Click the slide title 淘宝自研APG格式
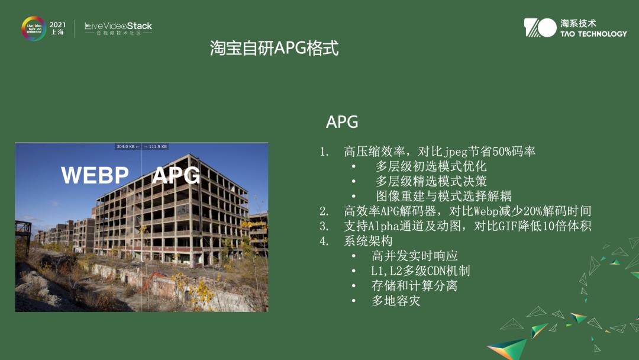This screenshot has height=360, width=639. click(274, 48)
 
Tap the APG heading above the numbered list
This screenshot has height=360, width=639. click(342, 123)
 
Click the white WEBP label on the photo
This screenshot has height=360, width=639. click(95, 175)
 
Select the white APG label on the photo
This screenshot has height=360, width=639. click(176, 175)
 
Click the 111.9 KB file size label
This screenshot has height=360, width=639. click(157, 146)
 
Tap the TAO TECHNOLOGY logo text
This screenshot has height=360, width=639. click(593, 34)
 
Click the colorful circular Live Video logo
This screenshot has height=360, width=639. click(34, 28)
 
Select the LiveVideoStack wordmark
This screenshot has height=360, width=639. click(118, 26)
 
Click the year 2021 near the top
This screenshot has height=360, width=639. click(57, 24)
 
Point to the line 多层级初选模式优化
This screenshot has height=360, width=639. click(431, 166)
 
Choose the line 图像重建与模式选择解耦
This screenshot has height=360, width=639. click(443, 196)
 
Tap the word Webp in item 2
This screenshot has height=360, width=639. click(486, 211)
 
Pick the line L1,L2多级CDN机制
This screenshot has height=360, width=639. click(420, 271)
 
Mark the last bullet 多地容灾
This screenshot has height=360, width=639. click(396, 301)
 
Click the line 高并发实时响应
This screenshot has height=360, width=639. click(414, 256)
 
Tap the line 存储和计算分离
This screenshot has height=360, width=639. click(414, 286)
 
